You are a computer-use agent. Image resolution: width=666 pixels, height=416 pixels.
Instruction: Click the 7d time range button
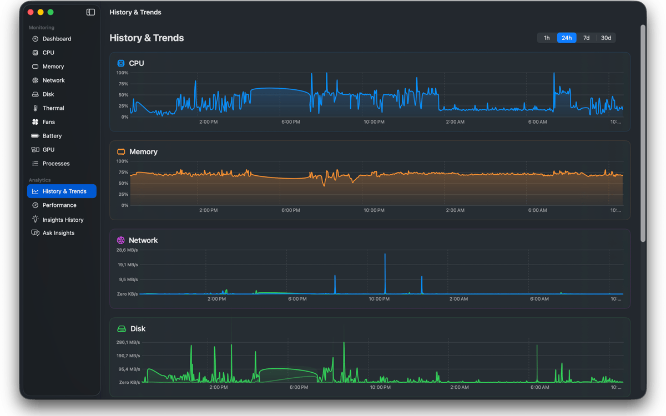coord(586,38)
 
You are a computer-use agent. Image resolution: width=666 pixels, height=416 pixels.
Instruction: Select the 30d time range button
coord(606,38)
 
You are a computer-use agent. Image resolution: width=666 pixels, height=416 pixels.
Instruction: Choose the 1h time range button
coord(547,38)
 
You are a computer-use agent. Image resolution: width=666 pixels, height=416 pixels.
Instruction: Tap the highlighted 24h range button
coord(567,38)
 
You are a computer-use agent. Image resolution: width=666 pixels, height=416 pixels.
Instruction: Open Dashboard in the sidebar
coord(57,39)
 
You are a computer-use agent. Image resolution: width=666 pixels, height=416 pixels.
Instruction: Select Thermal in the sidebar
coord(53,108)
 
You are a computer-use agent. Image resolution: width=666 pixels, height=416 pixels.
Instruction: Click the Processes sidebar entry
coord(56,164)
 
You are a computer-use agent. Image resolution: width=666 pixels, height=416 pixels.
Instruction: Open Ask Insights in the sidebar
coord(58,232)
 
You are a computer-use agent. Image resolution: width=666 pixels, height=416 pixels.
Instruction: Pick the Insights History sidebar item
coord(63,220)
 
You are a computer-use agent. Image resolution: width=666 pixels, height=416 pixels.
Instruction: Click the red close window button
coord(31,12)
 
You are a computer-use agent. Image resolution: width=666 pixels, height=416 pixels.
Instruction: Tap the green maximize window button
coord(51,12)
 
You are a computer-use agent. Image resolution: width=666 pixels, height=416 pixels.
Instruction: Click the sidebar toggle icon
coord(90,12)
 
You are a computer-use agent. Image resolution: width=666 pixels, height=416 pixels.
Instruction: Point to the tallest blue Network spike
coord(385,254)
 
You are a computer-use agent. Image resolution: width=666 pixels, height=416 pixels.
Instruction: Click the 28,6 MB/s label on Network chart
coord(127,250)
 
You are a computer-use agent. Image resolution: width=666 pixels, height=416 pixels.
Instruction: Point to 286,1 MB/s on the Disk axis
coord(128,342)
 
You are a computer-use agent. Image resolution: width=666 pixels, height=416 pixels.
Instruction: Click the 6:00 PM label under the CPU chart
coord(290,122)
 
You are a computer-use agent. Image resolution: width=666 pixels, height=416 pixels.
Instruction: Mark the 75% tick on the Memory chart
coord(123,173)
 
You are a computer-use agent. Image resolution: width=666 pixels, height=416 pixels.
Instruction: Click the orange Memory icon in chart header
coord(121,152)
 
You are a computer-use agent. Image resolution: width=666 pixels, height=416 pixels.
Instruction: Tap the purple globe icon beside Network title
coord(121,240)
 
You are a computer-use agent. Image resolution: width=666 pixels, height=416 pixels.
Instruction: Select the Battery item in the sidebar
coord(52,136)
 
